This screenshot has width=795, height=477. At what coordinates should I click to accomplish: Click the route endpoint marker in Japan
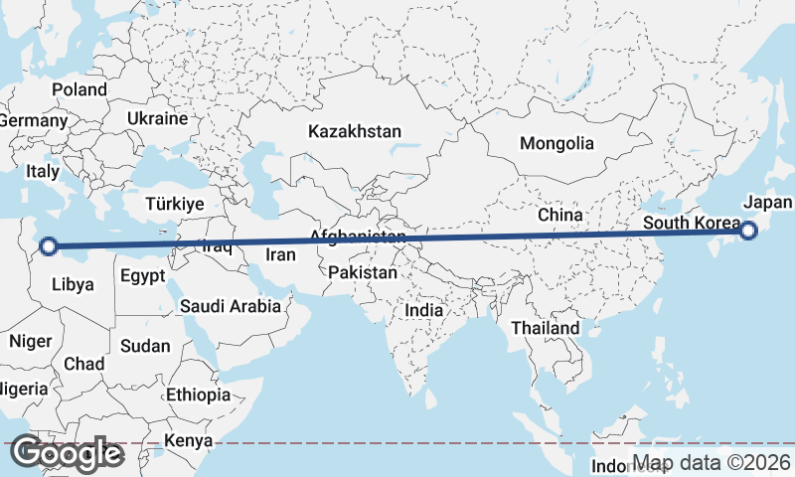coord(748,231)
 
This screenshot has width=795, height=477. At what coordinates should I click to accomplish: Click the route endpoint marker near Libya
coord(48,245)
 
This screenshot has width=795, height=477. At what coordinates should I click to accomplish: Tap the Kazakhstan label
coord(355,131)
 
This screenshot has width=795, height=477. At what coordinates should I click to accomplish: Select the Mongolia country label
coord(556,143)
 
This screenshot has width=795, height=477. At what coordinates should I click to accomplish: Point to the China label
coord(559,215)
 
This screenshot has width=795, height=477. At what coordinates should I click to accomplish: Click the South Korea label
coord(691,223)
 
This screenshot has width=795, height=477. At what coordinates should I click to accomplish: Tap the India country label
coord(423,310)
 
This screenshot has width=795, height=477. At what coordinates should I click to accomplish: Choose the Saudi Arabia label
coord(231,307)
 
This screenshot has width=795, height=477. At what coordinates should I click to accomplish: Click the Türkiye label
coord(174,204)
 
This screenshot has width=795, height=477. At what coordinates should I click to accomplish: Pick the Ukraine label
coord(157,118)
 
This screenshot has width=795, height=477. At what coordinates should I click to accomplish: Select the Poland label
coord(79,89)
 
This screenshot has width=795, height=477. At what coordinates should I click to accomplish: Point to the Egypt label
coord(143,276)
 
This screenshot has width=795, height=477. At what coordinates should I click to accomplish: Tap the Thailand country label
coord(545,328)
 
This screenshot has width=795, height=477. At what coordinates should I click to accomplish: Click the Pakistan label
coord(363,272)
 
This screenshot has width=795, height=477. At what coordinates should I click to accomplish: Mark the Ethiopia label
coord(198,395)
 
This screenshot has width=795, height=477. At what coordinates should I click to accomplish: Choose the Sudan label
coord(145,347)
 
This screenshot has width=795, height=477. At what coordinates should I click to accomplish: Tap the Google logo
coord(67,454)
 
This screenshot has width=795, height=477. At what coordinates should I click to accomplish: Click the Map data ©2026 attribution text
coord(712,463)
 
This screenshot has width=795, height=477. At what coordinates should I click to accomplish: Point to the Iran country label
coord(280,255)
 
